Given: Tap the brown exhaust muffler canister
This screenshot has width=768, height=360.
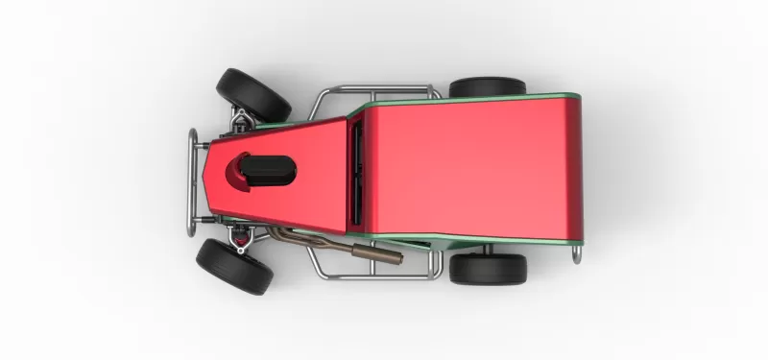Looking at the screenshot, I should tap(379, 253).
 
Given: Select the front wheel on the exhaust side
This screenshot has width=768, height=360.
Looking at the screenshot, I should tap(235, 266).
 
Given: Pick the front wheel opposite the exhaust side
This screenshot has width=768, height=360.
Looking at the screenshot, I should tap(252, 93).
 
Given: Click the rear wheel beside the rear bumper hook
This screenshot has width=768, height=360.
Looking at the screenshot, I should tap(488, 268).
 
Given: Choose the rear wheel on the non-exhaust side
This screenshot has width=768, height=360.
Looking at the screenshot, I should tap(487, 87).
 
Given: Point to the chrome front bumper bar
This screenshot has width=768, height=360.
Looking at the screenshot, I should tap(192, 180).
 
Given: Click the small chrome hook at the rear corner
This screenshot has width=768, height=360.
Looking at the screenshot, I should tap(577, 253).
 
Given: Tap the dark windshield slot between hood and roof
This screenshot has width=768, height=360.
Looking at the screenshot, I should tap(357, 171).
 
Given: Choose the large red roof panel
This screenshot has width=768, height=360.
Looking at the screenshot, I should tap(470, 168).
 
